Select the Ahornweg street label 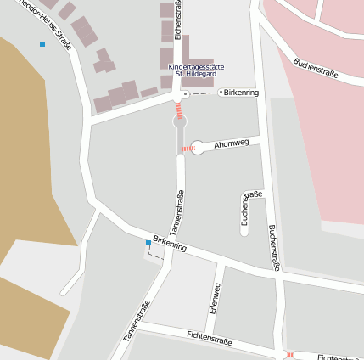[232, 143]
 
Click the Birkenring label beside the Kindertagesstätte [243, 92]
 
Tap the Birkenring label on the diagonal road [170, 244]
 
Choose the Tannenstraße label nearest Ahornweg [178, 212]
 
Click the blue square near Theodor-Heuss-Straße [42, 44]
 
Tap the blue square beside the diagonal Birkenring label [148, 243]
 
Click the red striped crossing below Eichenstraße [179, 109]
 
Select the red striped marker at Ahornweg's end [188, 149]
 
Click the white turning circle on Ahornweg [199, 147]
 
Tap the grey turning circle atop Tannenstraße [180, 123]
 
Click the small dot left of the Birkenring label [221, 92]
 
